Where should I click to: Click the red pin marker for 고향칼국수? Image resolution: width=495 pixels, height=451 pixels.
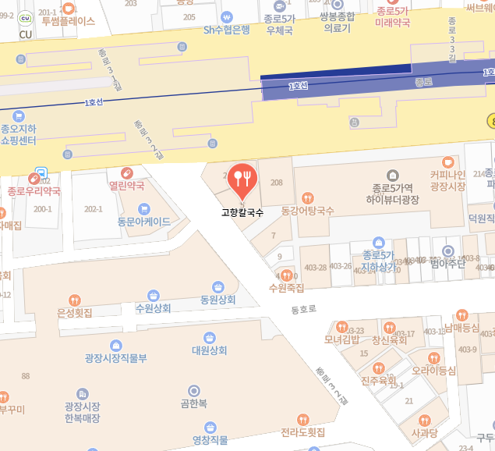coord(244,180)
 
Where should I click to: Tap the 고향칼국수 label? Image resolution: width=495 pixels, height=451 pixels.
coord(242,211)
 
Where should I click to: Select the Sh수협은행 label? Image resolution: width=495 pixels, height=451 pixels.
coord(227,30)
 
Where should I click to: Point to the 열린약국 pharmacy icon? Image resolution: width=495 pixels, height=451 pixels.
coord(126,173)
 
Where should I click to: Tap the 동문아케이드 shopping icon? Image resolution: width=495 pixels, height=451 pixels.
coord(143,208)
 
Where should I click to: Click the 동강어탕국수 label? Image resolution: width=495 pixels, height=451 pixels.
coord(308,211)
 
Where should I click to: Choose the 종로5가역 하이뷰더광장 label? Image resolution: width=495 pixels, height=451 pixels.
coord(393,194)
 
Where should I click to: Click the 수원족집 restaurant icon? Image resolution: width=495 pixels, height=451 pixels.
coord(287,275)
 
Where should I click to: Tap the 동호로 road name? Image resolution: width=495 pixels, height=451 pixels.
coord(304,310)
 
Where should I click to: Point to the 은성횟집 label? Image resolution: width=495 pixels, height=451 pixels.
coord(75,312)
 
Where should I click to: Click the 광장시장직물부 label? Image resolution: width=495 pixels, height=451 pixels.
coord(116,358)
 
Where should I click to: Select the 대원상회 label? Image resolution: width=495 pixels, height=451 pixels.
coord(209,350)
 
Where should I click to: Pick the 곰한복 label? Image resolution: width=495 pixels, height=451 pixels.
coord(193,403)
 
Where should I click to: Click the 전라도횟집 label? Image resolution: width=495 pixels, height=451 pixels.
coord(303,431)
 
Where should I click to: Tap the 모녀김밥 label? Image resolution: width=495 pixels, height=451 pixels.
coord(341,339)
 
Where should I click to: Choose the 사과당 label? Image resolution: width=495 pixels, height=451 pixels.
coord(424,432)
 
